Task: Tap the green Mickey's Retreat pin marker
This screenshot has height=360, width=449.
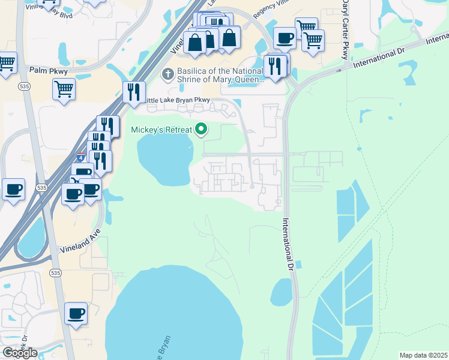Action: click(x=202, y=129)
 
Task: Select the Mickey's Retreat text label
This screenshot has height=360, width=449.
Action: click(x=162, y=130)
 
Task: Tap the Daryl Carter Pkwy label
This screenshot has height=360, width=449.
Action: click(x=345, y=30)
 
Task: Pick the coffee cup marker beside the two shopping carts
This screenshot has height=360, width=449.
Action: click(x=285, y=38)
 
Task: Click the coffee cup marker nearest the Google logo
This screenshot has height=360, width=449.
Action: click(x=76, y=313)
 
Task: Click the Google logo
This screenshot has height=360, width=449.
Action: click(x=20, y=353)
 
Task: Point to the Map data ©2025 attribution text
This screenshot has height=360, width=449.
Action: click(x=423, y=355)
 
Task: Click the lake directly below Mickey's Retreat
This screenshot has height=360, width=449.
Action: click(x=163, y=159)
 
